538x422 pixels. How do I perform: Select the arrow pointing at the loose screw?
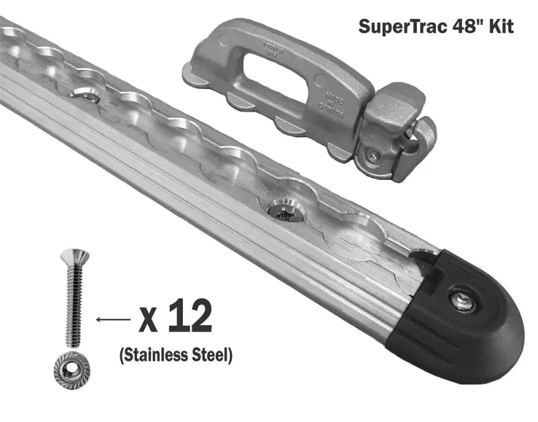click(114, 319)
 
